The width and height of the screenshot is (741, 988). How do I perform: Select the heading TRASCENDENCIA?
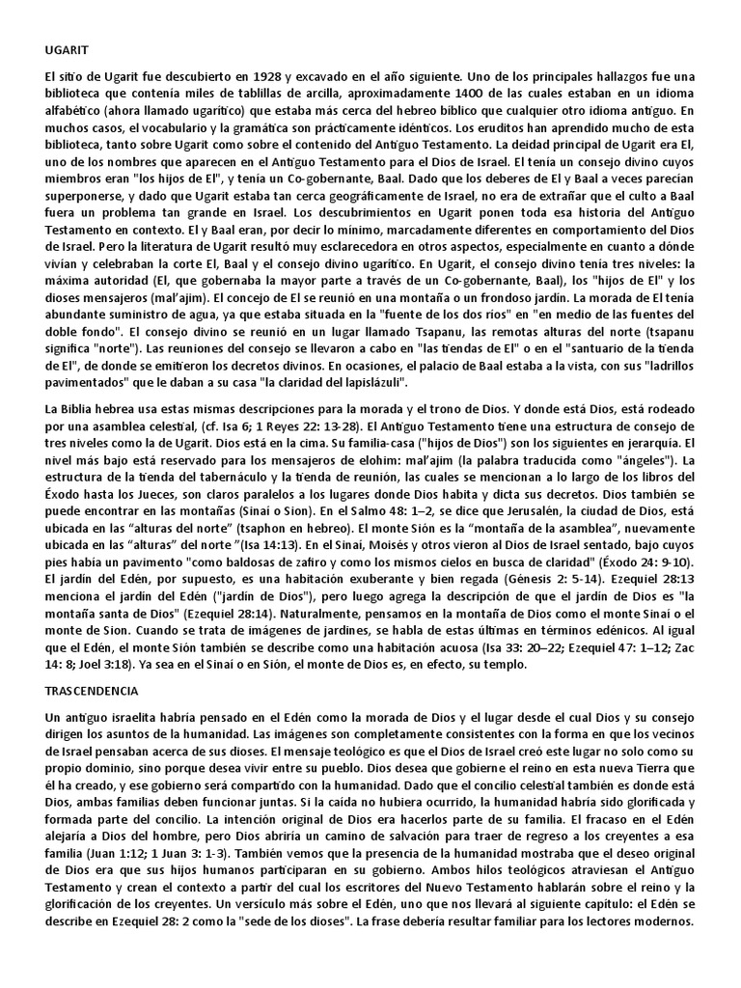click(x=94, y=691)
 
